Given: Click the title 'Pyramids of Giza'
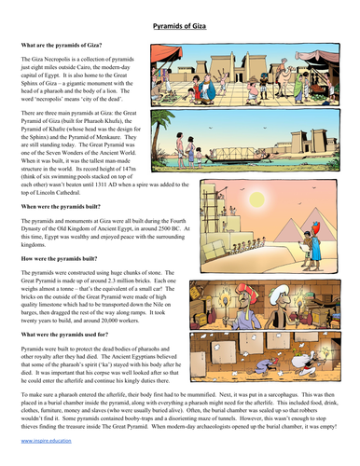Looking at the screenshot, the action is point(179,27).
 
